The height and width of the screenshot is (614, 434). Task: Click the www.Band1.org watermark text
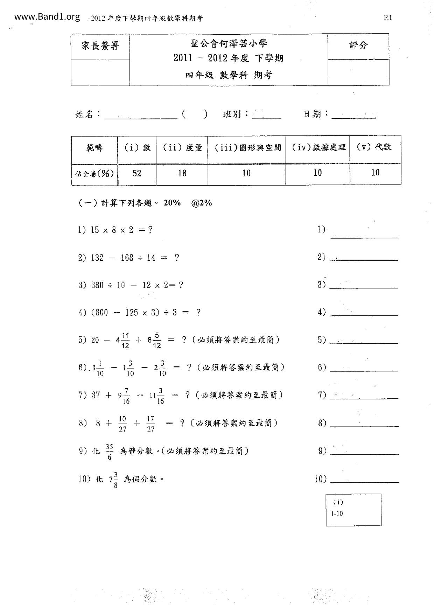tap(47, 17)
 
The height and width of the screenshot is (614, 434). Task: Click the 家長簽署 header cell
tap(100, 46)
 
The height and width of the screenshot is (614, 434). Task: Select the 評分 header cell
tap(358, 46)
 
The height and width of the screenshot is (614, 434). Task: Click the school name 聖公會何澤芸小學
tap(229, 44)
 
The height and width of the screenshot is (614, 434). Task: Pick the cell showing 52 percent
tap(137, 173)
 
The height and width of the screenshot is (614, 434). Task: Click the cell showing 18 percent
tap(182, 173)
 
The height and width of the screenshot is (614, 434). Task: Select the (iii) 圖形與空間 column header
tap(247, 148)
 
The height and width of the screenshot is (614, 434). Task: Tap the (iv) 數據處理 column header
tap(318, 148)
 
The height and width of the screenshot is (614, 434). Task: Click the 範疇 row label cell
tap(94, 148)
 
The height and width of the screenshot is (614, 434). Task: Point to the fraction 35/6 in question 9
tap(110, 452)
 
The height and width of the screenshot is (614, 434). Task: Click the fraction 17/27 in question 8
tap(150, 424)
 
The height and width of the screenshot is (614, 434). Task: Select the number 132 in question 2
tap(97, 258)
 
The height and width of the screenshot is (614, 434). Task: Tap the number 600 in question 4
tap(102, 313)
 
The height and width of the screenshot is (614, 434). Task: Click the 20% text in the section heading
tap(172, 203)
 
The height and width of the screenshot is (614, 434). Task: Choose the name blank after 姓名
tap(141, 115)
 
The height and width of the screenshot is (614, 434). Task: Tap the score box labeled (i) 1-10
tap(353, 510)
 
